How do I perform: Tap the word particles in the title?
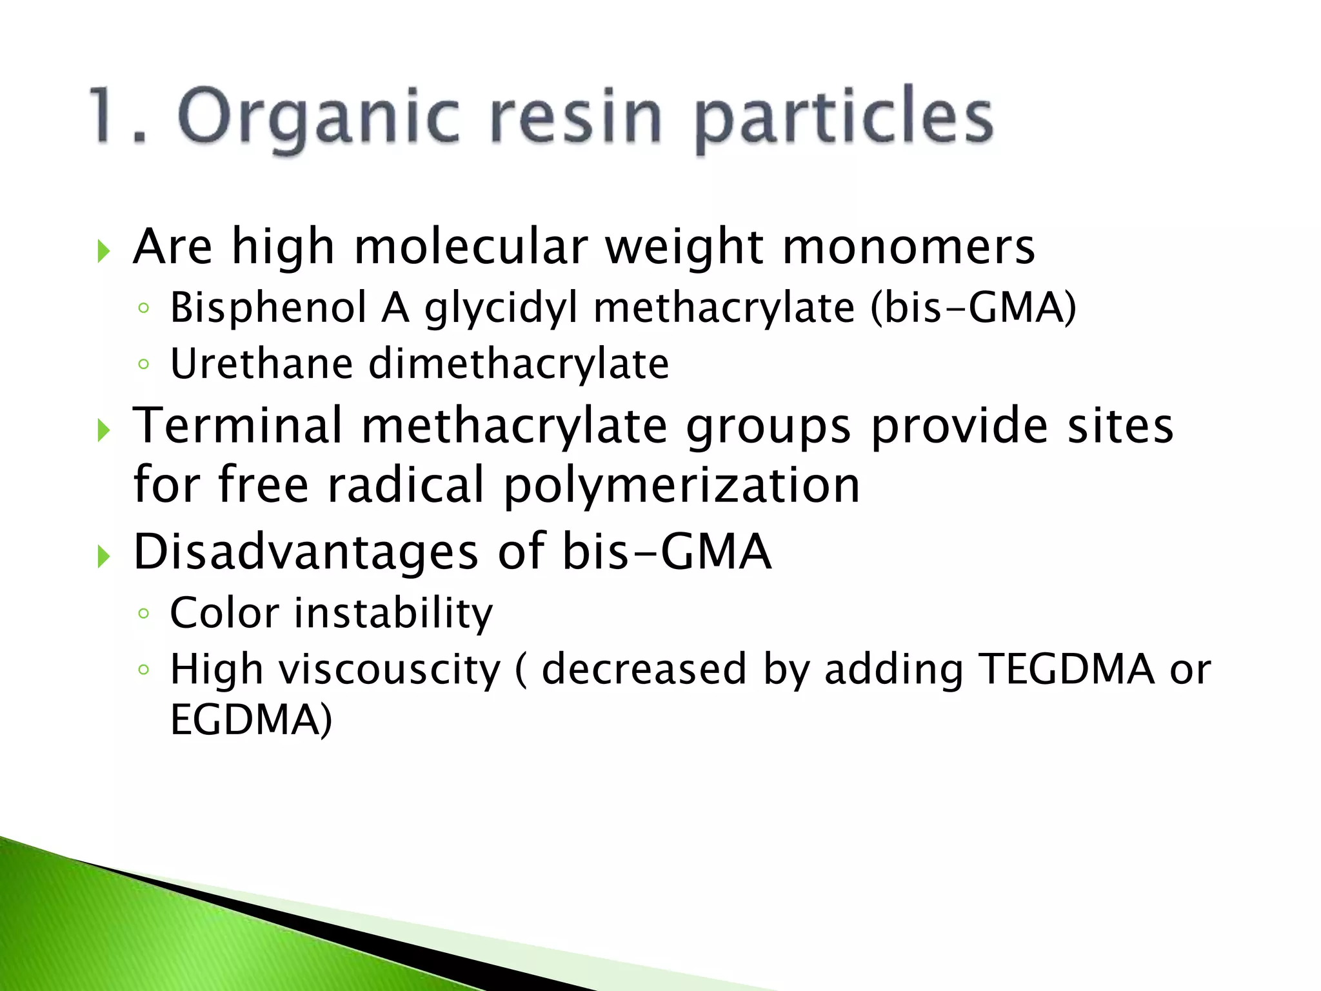[x=844, y=118]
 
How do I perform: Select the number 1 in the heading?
[x=106, y=115]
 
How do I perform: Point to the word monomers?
[x=908, y=248]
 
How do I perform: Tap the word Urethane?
[x=261, y=363]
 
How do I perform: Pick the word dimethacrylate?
[x=519, y=363]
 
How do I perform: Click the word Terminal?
[x=238, y=425]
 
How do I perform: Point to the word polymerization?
[x=681, y=485]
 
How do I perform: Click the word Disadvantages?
[x=306, y=552]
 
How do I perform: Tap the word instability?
[x=393, y=612]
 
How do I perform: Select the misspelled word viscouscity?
[x=389, y=669]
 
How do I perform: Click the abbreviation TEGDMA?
[x=1066, y=669]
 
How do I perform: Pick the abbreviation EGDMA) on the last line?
[x=251, y=719]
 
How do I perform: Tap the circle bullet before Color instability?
[x=143, y=614]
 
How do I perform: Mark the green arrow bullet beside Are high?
[x=104, y=250]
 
